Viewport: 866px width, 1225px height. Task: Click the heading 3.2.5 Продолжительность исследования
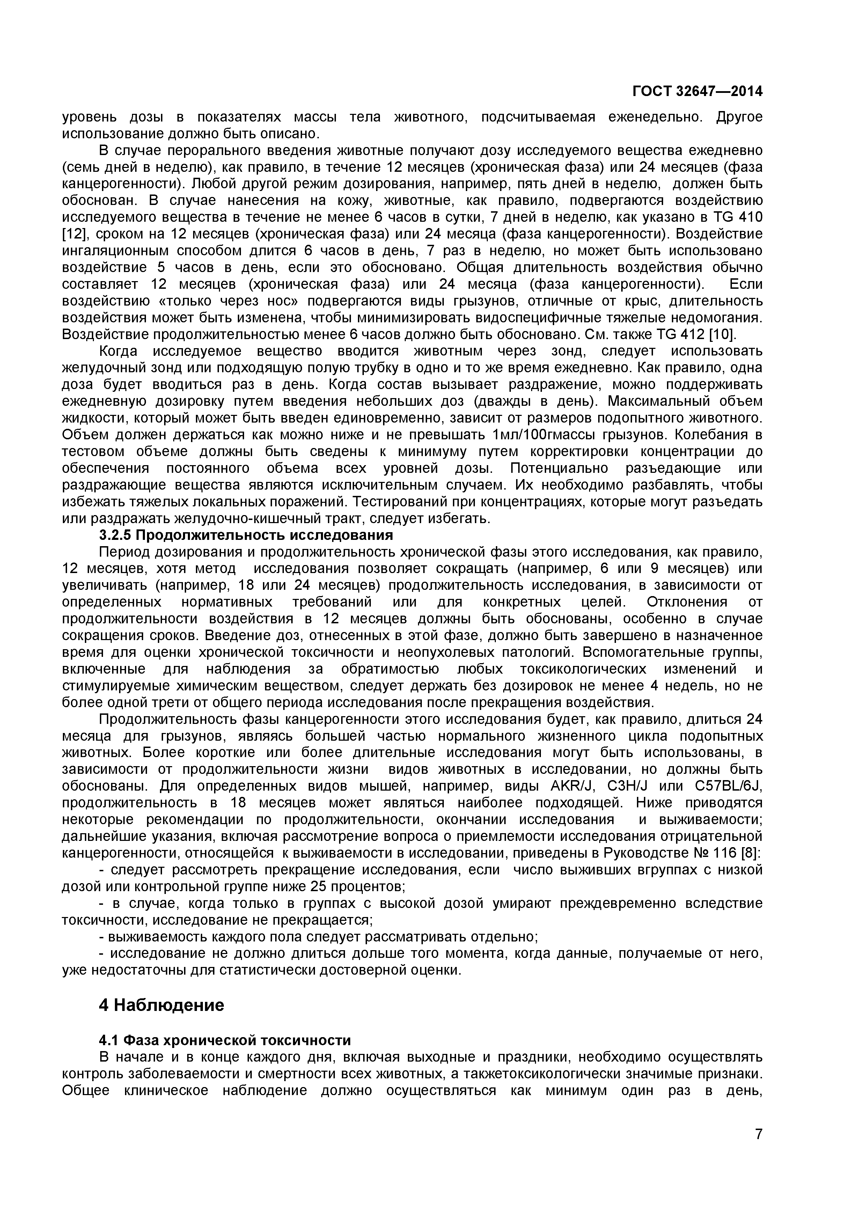coord(246,535)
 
